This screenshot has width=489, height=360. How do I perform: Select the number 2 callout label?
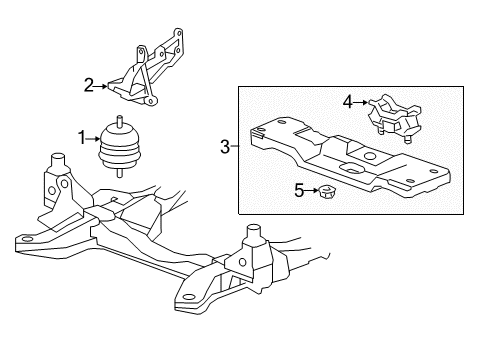88,86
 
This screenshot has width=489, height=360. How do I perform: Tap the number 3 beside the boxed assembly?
225,148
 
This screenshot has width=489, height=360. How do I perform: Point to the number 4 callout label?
347,100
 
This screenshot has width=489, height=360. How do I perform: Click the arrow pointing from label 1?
96,136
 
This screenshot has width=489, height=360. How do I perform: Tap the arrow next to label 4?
361,101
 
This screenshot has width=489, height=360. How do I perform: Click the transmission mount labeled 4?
391,115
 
